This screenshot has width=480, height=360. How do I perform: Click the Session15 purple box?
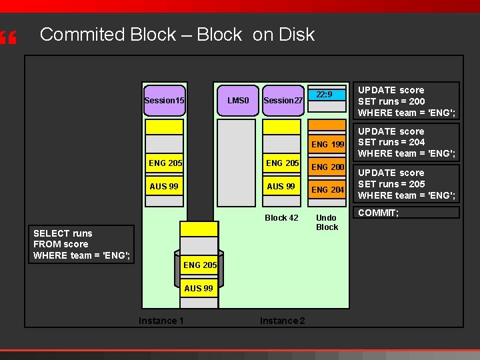[x=164, y=100]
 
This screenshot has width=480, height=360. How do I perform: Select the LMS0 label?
[x=238, y=101]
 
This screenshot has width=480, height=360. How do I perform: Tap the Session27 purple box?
[x=283, y=101]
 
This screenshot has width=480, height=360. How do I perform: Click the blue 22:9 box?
[x=328, y=95]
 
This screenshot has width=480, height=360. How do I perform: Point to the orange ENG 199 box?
[x=328, y=144]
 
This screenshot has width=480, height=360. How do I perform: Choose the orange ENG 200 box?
[x=328, y=167]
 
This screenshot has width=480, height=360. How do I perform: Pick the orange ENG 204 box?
[x=328, y=189]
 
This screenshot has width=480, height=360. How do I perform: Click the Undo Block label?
[x=327, y=222]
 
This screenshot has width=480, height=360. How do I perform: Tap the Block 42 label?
[x=281, y=217]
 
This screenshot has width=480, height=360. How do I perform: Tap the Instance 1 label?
[x=161, y=321]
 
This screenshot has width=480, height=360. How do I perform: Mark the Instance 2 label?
[x=282, y=321]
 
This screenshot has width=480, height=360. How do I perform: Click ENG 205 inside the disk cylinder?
[x=199, y=265]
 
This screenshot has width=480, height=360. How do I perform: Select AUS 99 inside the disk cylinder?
[x=199, y=288]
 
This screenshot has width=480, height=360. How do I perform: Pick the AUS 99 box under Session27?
[x=281, y=186]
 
